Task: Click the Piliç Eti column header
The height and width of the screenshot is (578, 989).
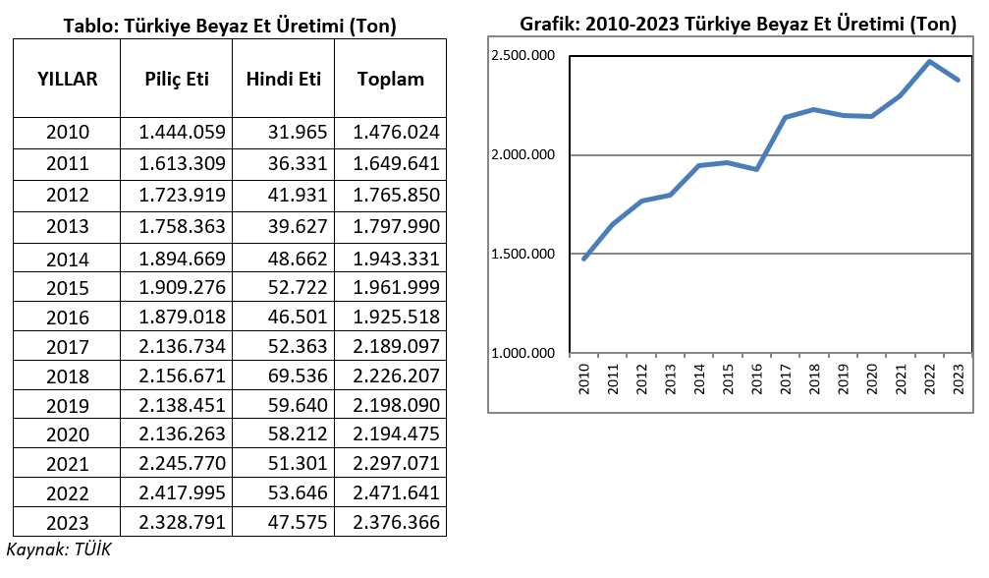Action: click(x=178, y=80)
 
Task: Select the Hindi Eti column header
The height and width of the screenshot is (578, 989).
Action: click(x=284, y=80)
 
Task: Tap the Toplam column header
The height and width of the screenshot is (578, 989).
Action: click(x=390, y=80)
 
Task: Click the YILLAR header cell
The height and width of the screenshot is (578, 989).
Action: click(x=67, y=80)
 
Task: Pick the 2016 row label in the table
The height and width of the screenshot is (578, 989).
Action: click(x=67, y=318)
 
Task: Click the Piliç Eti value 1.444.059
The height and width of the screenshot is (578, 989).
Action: click(x=183, y=133)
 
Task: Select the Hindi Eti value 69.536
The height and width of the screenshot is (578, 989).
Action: click(x=298, y=376)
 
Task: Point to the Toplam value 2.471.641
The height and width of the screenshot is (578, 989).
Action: click(x=396, y=493)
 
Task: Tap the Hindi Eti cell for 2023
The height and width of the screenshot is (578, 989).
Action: click(x=298, y=523)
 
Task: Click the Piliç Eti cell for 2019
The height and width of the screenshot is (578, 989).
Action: click(x=183, y=406)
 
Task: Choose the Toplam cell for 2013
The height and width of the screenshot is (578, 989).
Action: click(x=396, y=226)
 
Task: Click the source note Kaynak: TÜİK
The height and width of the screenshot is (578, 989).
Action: click(x=60, y=549)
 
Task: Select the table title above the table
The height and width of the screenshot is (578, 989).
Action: click(x=230, y=27)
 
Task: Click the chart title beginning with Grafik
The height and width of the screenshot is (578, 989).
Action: click(x=738, y=26)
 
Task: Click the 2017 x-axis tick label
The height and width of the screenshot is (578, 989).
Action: click(x=786, y=379)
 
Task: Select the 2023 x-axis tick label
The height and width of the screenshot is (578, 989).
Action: click(x=958, y=379)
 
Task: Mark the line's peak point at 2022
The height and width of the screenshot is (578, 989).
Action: click(x=929, y=62)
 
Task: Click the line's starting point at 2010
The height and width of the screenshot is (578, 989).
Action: click(x=584, y=259)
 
